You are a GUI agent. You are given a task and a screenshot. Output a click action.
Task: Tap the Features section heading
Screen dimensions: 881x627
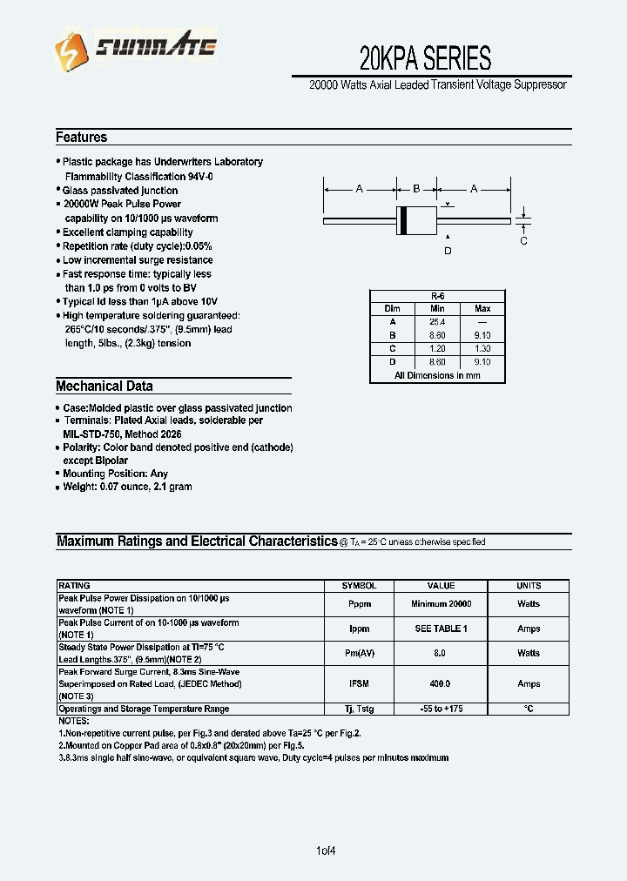pos(82,138)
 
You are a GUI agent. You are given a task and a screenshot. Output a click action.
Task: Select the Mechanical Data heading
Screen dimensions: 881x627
pos(104,387)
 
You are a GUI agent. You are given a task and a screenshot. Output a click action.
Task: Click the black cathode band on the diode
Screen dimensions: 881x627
pos(402,221)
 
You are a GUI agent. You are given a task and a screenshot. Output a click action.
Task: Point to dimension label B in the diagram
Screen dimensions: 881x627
pos(416,189)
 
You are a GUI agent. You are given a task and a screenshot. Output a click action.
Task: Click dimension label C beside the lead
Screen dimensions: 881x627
pos(523,241)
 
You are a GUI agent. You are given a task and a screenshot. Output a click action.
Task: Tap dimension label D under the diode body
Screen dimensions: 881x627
pos(448,251)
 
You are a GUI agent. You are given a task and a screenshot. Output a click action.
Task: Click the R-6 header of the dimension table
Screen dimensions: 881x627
pos(437,296)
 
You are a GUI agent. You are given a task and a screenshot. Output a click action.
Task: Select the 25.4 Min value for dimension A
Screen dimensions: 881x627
pos(437,321)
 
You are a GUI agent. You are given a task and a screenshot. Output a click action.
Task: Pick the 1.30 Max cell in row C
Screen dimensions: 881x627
pos(482,348)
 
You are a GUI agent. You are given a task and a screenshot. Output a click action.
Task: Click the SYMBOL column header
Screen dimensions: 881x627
pos(359,586)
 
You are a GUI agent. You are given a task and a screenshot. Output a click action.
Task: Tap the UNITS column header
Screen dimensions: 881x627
pos(529,586)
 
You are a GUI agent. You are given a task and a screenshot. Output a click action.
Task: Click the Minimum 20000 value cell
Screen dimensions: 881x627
pos(442,603)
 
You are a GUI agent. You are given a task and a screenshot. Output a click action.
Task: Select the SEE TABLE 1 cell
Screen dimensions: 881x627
pos(442,629)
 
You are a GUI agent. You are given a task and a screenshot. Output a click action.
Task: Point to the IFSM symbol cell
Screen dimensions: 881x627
pos(359,684)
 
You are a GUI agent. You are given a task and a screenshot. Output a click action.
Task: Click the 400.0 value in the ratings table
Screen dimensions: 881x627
pos(442,684)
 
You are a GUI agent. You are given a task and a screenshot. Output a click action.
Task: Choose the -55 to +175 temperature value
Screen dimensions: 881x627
pos(442,710)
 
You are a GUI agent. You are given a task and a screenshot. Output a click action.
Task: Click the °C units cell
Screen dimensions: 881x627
pos(529,710)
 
